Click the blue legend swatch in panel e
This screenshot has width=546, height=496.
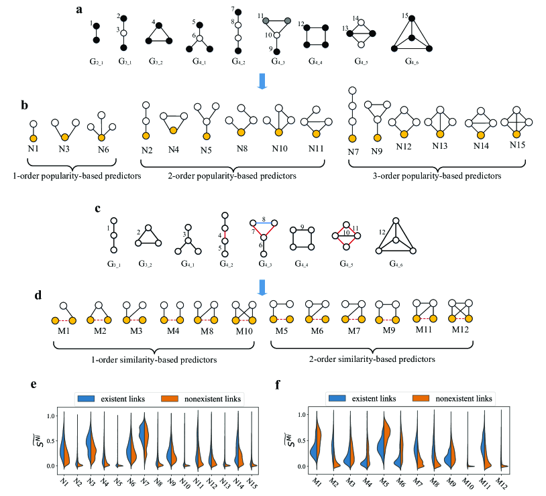click(x=87, y=399)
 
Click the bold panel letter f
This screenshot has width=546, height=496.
click(x=278, y=385)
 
